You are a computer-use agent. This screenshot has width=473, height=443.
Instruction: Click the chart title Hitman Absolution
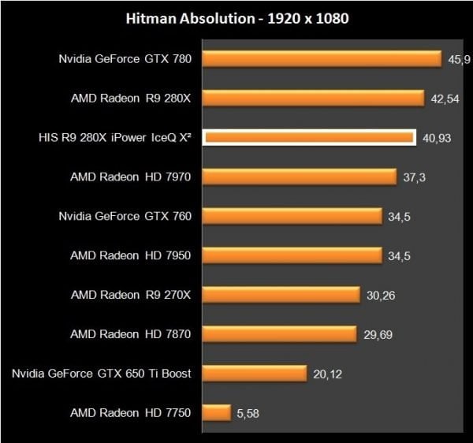[x=236, y=17]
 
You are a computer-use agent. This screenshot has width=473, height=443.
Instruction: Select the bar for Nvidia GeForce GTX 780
[x=322, y=59]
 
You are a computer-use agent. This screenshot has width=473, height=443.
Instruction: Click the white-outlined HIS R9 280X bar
[x=309, y=138]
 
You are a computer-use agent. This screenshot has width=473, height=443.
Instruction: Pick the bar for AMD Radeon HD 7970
[x=300, y=177]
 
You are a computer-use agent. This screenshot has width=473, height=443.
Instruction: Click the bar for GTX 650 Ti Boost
[x=254, y=374]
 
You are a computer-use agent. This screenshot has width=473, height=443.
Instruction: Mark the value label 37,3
[x=414, y=177]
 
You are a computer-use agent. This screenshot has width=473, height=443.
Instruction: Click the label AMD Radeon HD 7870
[x=131, y=334]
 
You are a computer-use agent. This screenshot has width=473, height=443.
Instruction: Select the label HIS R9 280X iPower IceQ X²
[x=115, y=137]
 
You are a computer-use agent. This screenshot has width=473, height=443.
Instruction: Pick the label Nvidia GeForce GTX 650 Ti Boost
[x=102, y=374]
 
